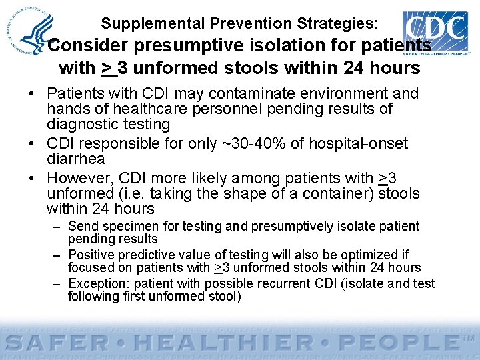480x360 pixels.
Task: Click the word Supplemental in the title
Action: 152,24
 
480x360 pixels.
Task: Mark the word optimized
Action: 368,255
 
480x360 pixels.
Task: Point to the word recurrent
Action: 283,283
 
